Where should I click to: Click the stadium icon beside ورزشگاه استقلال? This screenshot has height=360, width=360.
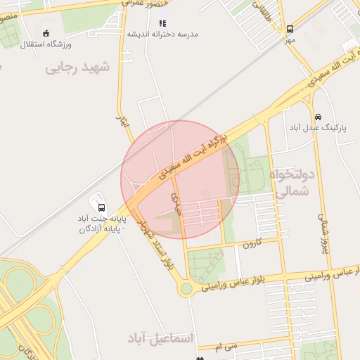pyautogui.click(x=46, y=33)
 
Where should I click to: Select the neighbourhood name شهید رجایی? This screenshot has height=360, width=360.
pyautogui.click(x=78, y=67)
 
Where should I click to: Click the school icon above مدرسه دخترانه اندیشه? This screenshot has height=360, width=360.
pyautogui.click(x=162, y=23)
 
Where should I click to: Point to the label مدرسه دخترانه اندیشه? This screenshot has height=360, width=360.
pyautogui.click(x=163, y=34)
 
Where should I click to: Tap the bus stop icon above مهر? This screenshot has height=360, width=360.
pyautogui.click(x=290, y=30)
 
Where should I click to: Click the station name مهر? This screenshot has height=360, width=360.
pyautogui.click(x=290, y=40)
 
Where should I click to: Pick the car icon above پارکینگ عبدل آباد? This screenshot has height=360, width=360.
pyautogui.click(x=319, y=116)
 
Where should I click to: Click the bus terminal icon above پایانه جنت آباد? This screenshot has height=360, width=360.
pyautogui.click(x=102, y=207)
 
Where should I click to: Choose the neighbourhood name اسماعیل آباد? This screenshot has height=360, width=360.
pyautogui.click(x=160, y=339)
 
